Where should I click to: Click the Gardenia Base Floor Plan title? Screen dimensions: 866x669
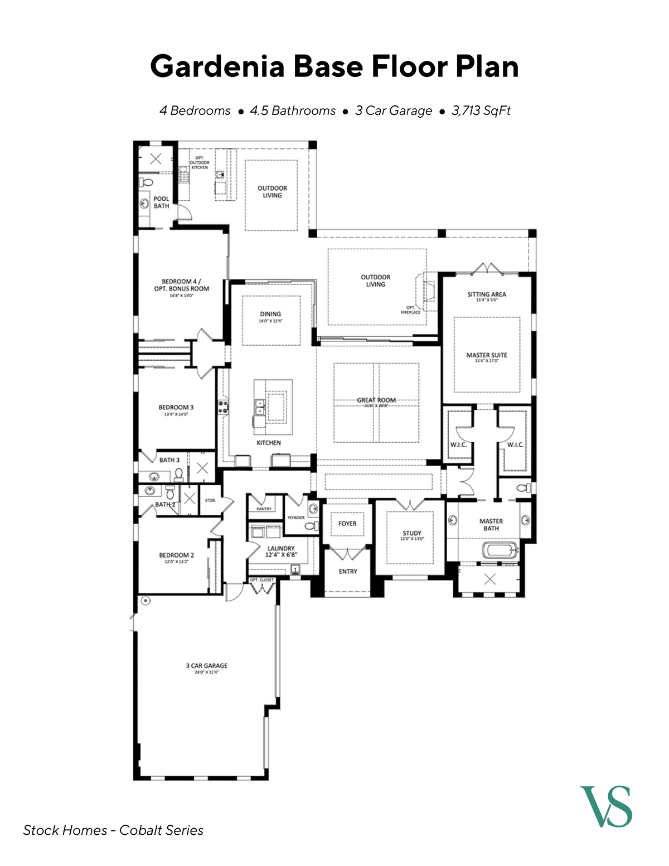pos(334,66)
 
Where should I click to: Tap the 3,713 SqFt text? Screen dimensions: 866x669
pos(481,110)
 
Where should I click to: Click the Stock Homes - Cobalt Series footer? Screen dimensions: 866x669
pos(113,830)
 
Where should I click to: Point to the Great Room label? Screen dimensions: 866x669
pos(376,400)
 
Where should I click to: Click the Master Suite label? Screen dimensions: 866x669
pos(487,355)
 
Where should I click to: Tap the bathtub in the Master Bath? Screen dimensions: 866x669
pos(500,550)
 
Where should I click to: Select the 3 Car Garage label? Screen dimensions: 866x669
pos(206,666)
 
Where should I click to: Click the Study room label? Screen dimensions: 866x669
pos(412,534)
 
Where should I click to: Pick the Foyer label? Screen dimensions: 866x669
pos(347,524)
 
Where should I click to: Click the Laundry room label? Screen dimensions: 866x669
pos(281,549)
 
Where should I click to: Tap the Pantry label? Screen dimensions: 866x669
pos(264,509)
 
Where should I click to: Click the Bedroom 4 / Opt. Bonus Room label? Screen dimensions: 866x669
pos(182,286)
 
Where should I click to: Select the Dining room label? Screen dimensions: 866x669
pos(270,315)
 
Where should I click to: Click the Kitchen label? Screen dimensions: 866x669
pos(269,443)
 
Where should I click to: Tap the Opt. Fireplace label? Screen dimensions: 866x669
pos(410,310)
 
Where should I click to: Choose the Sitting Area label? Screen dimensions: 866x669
pos(487,294)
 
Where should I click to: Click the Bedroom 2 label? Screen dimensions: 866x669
pos(177,555)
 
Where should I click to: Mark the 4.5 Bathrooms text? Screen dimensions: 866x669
pos(293,110)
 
